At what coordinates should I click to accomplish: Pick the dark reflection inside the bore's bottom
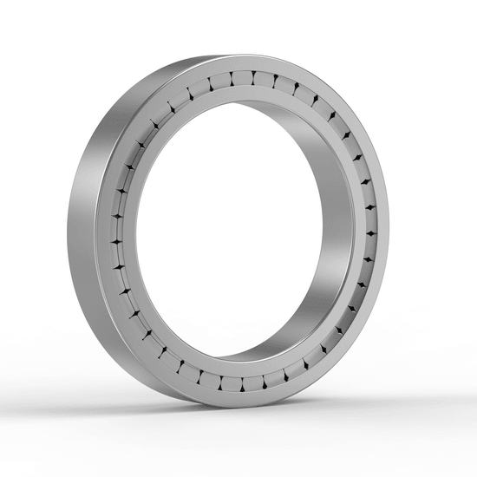[260, 351]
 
